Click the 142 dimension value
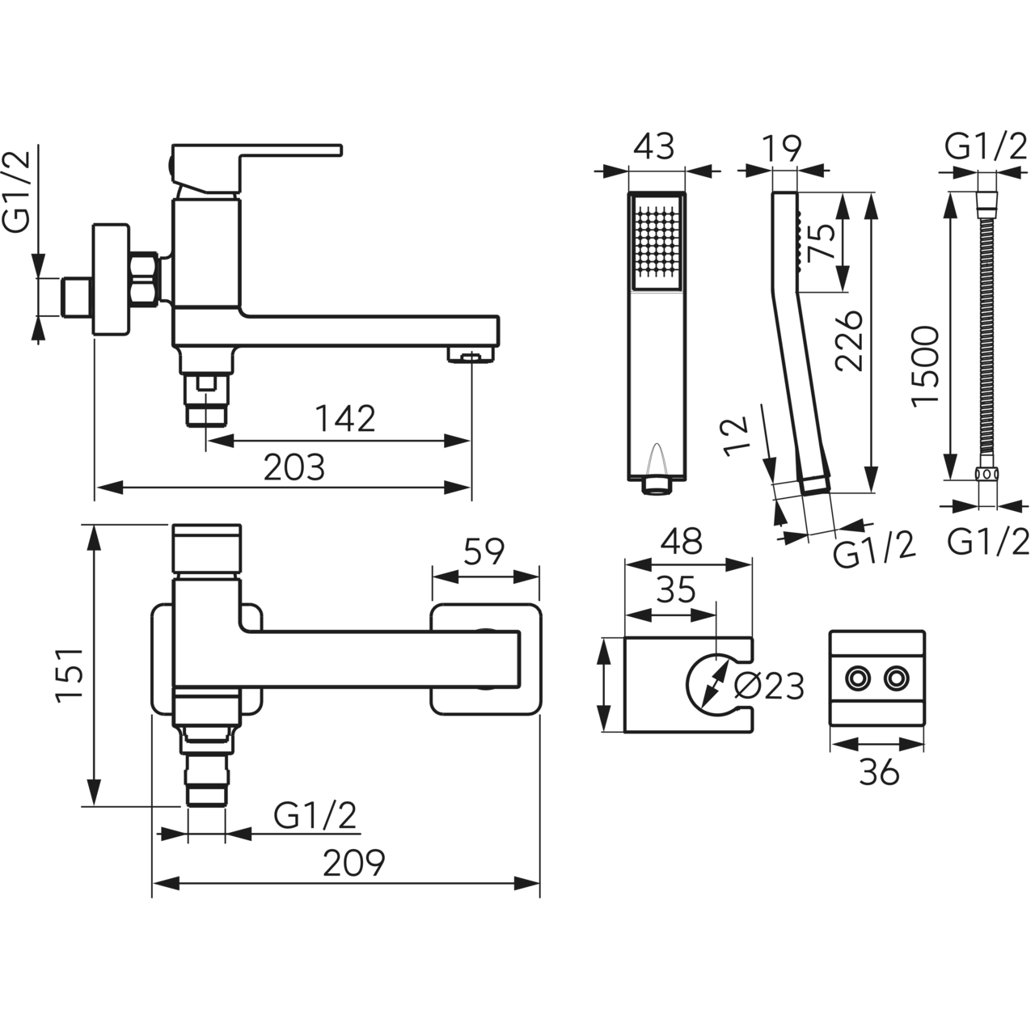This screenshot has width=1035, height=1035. click(x=345, y=419)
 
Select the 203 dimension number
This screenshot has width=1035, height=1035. click(x=294, y=467)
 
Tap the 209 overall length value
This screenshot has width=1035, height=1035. click(x=354, y=864)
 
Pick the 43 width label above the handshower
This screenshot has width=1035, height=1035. click(x=654, y=147)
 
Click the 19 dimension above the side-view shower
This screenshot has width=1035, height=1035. click(x=782, y=147)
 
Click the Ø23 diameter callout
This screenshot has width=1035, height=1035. click(x=768, y=686)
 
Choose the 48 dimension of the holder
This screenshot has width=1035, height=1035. click(x=681, y=542)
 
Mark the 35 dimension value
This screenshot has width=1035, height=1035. click(x=676, y=590)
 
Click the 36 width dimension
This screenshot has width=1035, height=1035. click(x=879, y=773)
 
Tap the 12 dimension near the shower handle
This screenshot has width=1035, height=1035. click(x=736, y=437)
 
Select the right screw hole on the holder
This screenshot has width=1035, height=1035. click(x=895, y=678)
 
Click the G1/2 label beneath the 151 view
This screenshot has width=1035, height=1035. click(x=315, y=816)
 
